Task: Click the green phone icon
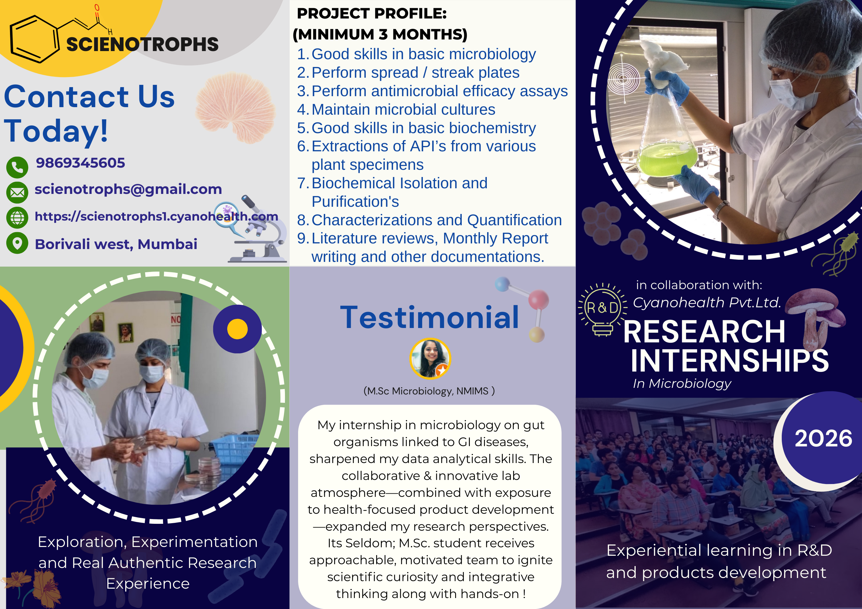click(17, 167)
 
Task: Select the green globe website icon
click(17, 218)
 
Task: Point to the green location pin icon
click(17, 243)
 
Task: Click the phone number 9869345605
click(80, 163)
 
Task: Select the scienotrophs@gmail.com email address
click(128, 189)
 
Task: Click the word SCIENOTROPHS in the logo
click(142, 44)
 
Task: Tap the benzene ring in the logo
click(34, 39)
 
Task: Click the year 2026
click(823, 438)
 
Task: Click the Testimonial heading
click(429, 317)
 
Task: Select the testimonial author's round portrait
click(430, 358)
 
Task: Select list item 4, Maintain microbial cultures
click(403, 110)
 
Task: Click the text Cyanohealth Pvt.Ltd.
click(707, 302)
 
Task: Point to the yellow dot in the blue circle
click(237, 329)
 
